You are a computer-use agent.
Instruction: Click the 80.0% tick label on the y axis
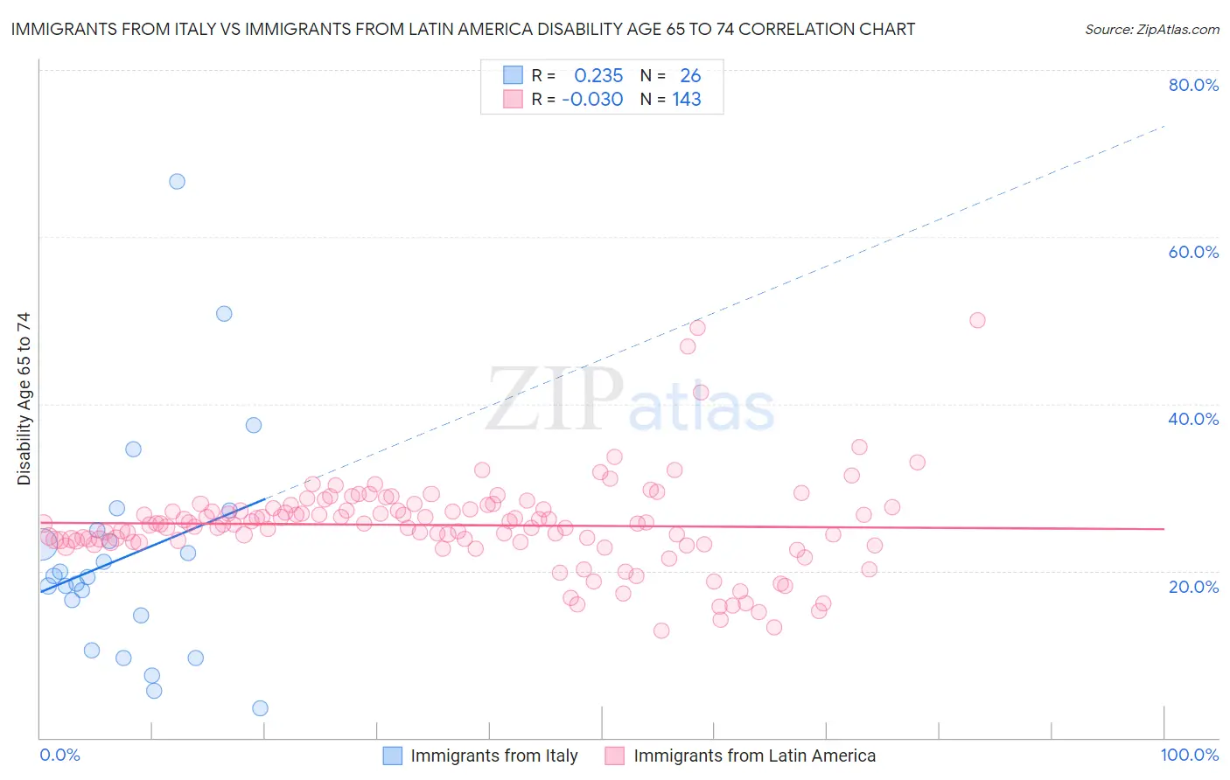[x=1193, y=85]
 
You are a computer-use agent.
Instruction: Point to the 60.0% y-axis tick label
[x=1193, y=252]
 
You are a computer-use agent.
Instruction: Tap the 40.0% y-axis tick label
[x=1193, y=419]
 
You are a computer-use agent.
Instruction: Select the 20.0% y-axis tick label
[x=1193, y=587]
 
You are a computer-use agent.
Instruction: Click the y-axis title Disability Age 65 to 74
[x=24, y=399]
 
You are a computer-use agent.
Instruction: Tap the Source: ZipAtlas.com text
[x=1151, y=30]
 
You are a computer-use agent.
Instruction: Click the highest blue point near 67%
[x=177, y=182]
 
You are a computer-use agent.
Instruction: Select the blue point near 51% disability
[x=224, y=314]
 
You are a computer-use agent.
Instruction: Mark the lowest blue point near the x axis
[x=260, y=708]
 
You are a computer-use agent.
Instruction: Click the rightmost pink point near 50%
[x=977, y=320]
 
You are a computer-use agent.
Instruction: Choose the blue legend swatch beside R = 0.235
[x=513, y=75]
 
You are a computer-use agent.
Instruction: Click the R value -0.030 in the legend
[x=592, y=100]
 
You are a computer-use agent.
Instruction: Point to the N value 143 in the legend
[x=687, y=100]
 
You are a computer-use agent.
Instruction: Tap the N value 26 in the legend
[x=690, y=75]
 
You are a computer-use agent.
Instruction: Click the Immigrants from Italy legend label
[x=494, y=756]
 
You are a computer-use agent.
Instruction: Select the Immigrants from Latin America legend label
[x=754, y=756]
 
